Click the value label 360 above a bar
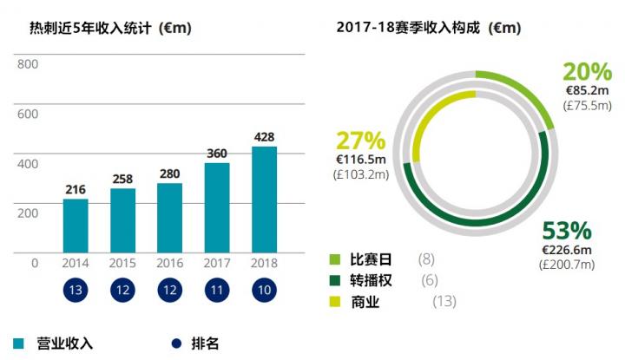coord(217,154)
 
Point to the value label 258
coord(123,179)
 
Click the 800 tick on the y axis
coord(28,64)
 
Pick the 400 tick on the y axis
coord(28,163)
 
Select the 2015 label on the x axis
coord(123,263)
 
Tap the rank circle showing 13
coord(76,291)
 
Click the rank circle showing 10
coord(264,291)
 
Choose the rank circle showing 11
coord(217,291)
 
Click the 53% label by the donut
coord(566,231)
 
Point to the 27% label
coord(360,141)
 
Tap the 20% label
coord(587,72)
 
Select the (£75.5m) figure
coord(588,106)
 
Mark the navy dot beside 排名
coord(178,343)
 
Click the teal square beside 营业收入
coord(19,343)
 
